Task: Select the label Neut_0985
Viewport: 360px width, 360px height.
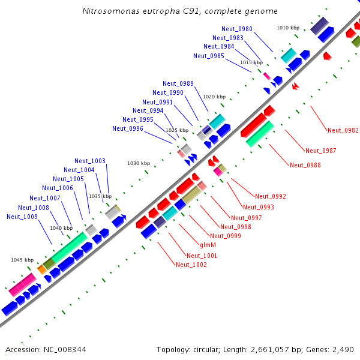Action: point(209,56)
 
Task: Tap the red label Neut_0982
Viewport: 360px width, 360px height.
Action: point(343,130)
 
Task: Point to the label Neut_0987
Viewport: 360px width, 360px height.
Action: point(321,151)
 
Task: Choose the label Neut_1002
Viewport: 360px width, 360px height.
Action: point(191,265)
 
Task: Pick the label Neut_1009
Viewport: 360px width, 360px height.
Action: point(22,217)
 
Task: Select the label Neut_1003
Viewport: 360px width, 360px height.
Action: point(90,161)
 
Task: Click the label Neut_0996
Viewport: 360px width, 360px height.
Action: point(128,128)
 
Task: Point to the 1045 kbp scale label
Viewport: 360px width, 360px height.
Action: point(22,260)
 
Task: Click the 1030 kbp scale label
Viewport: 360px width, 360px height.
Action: point(137,163)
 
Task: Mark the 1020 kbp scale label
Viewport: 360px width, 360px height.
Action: point(214,97)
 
